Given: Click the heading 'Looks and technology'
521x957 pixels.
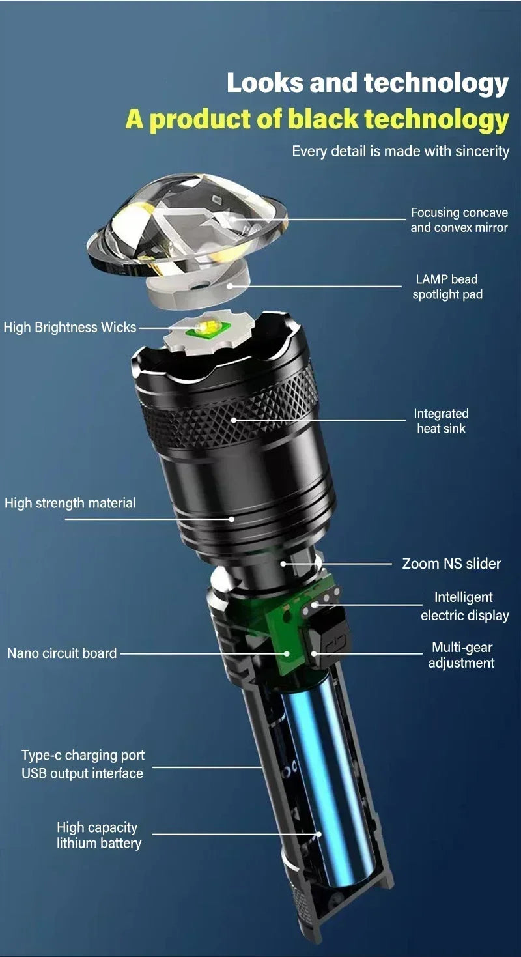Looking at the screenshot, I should (367, 84).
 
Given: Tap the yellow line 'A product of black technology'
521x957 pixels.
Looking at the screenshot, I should (317, 120).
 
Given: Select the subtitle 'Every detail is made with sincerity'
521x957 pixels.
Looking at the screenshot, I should (400, 151).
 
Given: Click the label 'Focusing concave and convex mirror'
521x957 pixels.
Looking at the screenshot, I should (458, 220).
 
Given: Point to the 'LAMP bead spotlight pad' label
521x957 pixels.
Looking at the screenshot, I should (447, 287).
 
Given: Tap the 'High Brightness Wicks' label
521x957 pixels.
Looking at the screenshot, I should (70, 327).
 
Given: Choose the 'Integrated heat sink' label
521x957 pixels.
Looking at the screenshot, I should (441, 421).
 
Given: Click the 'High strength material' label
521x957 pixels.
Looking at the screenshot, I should (70, 503).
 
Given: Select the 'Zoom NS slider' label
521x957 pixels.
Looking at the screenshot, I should (451, 564).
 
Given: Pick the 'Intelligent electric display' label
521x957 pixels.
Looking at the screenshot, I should (464, 606).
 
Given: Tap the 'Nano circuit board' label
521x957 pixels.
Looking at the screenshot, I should (62, 653).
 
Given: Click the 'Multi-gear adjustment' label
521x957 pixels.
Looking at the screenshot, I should (461, 655).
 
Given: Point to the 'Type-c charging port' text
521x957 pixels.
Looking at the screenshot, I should (83, 756).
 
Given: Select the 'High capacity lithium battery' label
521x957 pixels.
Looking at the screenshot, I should (98, 835).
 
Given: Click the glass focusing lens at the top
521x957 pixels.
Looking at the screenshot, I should (189, 221).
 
